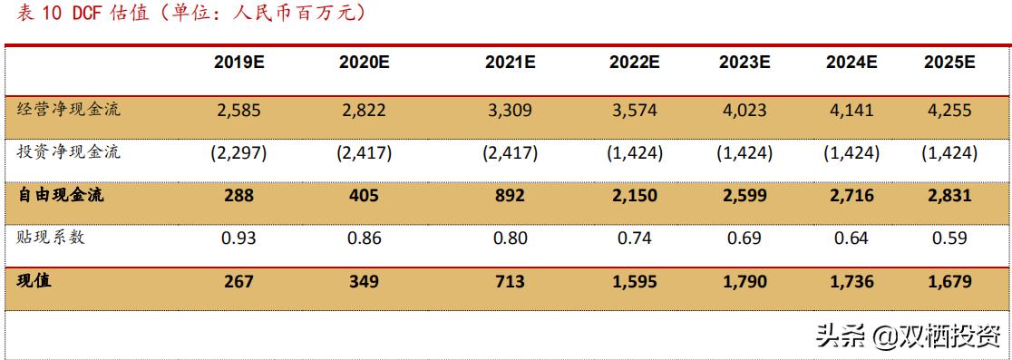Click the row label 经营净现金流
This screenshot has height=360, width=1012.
pos(69,110)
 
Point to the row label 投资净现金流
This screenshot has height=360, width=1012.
pos(69,152)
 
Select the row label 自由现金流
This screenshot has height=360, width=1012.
pos(61,195)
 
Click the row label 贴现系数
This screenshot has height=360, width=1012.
pos(52,238)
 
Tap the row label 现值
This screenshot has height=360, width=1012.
pos(34,281)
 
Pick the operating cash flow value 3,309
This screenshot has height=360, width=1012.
pos(509,111)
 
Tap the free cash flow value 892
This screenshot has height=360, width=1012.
pos(509,196)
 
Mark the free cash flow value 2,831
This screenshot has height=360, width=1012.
pos(949,196)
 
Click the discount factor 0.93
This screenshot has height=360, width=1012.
pos(239,238)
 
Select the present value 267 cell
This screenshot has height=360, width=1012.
pos(239,282)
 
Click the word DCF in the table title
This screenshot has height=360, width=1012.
pos(90,14)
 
